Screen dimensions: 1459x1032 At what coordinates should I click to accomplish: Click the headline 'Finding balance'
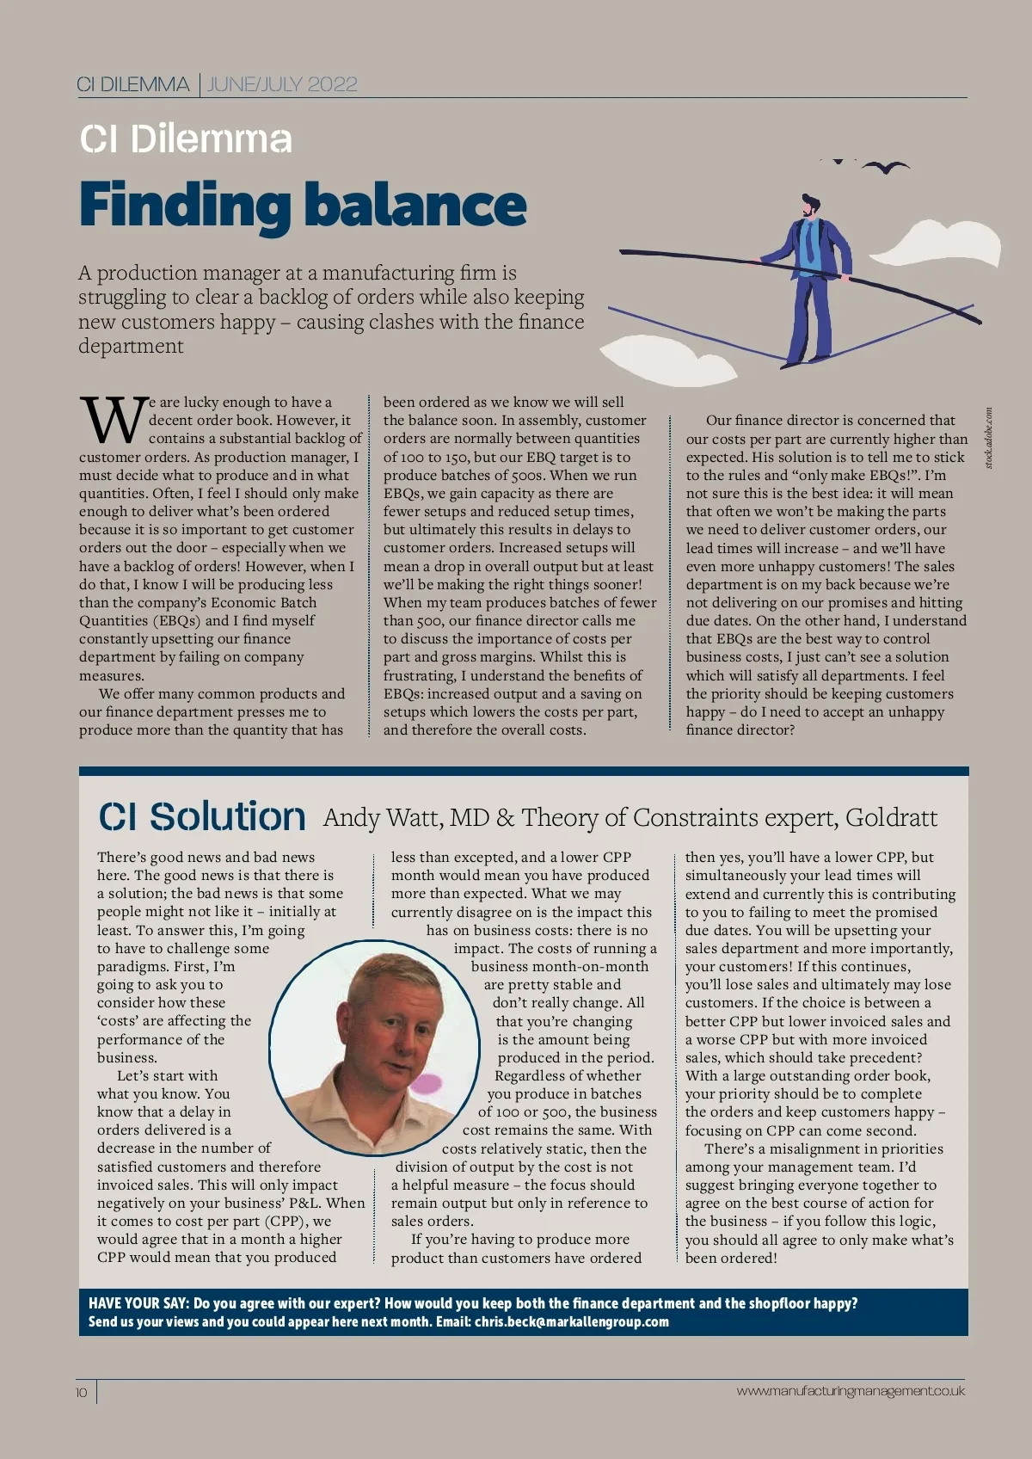(x=303, y=205)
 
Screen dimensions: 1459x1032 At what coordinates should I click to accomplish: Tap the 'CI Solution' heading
(x=202, y=816)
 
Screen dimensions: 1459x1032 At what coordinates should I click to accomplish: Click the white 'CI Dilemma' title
(x=186, y=139)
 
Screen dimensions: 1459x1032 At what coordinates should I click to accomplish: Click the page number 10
(x=82, y=1392)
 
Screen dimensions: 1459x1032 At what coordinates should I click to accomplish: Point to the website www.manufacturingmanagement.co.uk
(x=851, y=1390)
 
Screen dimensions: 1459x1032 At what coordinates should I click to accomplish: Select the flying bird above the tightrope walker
(x=886, y=167)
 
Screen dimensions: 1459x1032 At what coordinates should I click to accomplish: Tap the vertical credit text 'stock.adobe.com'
(x=989, y=438)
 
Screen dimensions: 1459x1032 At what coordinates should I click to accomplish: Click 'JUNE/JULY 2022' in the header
(x=282, y=84)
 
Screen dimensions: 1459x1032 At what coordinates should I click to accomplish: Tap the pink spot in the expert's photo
(x=427, y=1086)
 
